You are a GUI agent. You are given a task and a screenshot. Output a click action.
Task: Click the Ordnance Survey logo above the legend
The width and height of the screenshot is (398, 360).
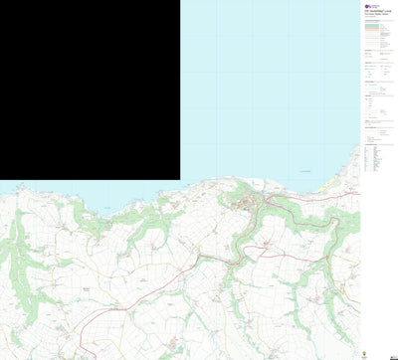click(369, 7)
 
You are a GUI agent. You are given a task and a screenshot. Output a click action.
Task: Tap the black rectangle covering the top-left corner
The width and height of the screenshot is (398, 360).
click(90, 90)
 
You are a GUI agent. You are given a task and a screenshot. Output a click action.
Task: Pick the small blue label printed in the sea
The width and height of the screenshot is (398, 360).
click(304, 171)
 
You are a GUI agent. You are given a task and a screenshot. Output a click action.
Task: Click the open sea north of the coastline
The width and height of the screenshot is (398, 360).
click(269, 90)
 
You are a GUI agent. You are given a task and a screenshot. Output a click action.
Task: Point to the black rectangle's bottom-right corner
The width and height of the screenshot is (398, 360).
click(180, 180)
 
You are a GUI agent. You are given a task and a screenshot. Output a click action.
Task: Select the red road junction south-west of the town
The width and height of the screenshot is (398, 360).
click(198, 257)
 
